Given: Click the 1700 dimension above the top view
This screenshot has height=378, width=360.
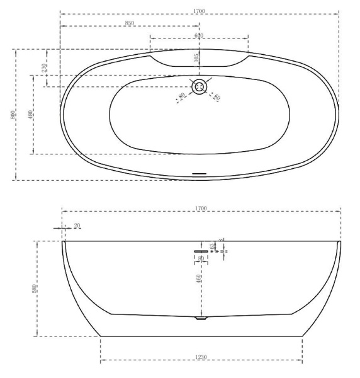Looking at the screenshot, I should click(x=200, y=11).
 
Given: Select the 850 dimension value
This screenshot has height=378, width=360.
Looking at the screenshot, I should click(x=130, y=23).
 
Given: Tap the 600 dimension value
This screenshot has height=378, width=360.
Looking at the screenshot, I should click(x=199, y=35).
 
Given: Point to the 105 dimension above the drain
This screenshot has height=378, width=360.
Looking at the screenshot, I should click(x=196, y=58).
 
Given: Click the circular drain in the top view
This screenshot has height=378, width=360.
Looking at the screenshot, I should click(x=200, y=86).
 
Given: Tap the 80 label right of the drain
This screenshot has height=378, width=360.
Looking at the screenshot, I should click(x=217, y=97).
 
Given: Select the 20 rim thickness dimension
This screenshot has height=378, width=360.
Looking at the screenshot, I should click(x=77, y=226).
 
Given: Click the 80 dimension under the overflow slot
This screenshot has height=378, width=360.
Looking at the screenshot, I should click(x=201, y=258).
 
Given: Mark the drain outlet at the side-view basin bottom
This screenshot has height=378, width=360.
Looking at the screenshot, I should click(x=201, y=319).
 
